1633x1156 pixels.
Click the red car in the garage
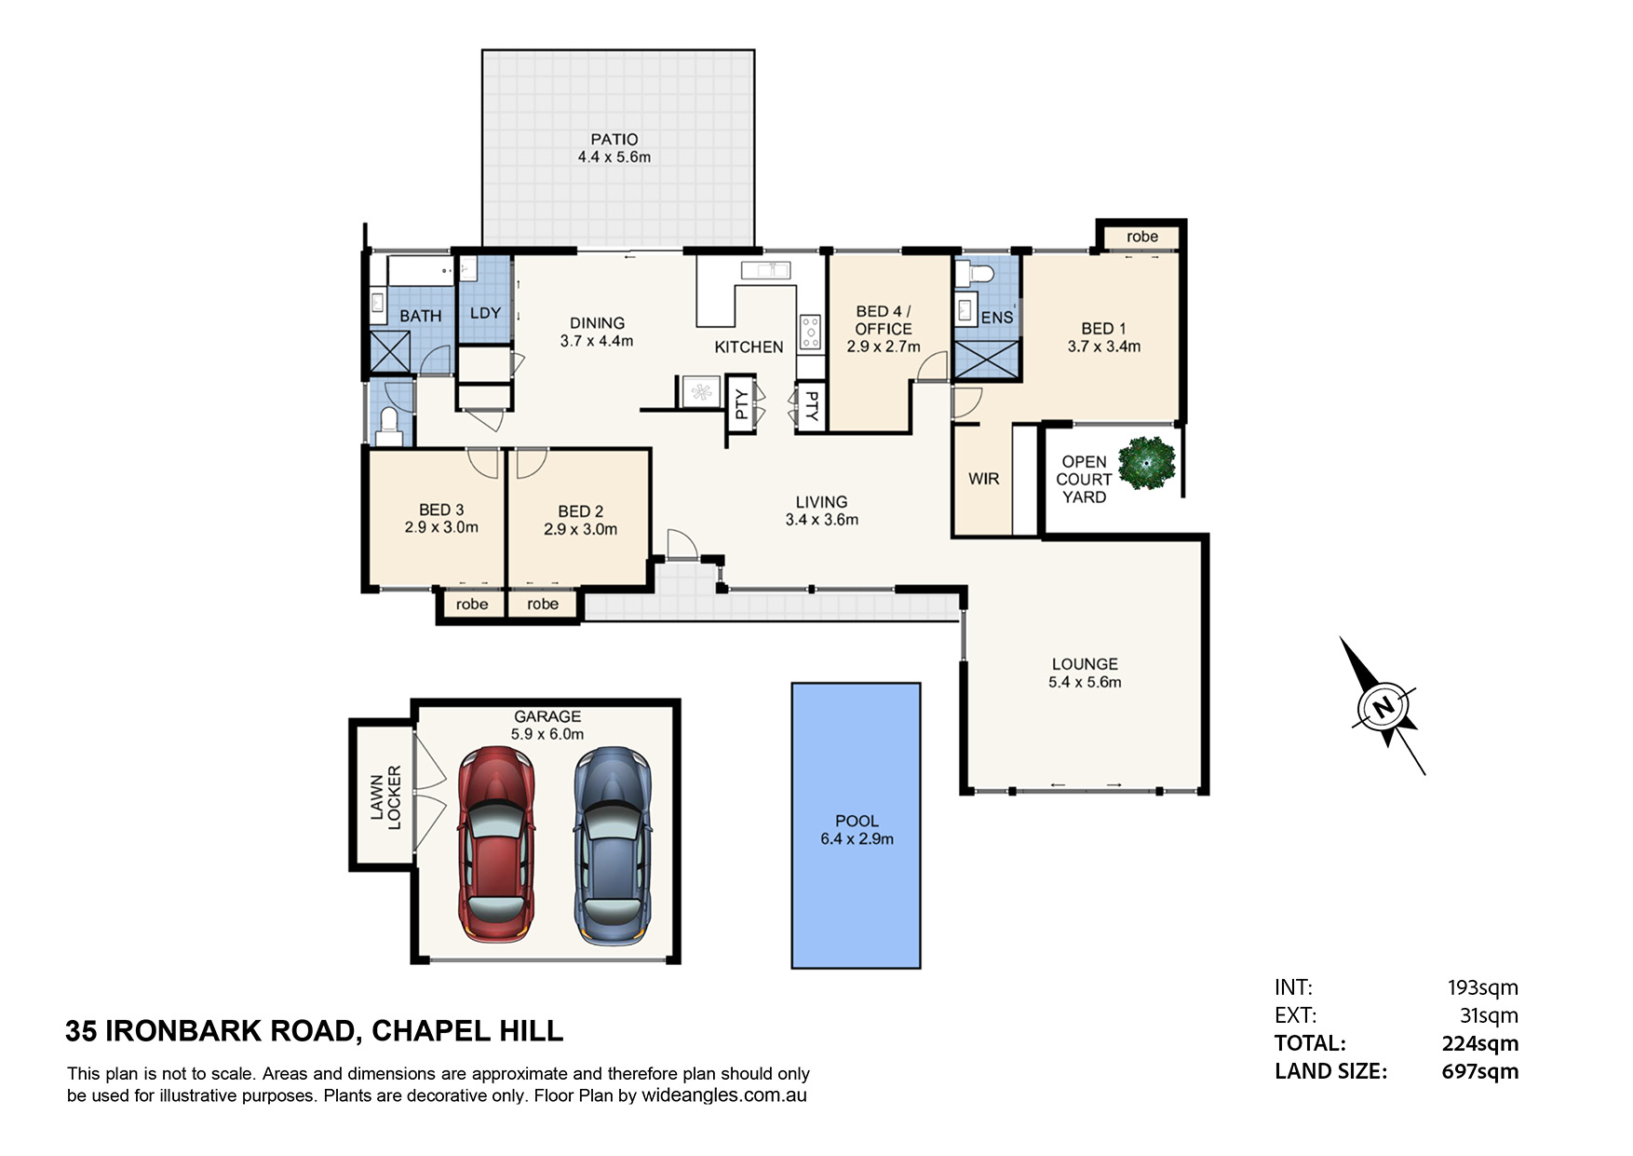pyautogui.click(x=496, y=844)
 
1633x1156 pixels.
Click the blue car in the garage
pyautogui.click(x=611, y=844)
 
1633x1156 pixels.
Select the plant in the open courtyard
pyautogui.click(x=1147, y=464)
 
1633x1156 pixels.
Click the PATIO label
pyautogui.click(x=614, y=140)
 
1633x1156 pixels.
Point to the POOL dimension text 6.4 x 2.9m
pyautogui.click(x=857, y=839)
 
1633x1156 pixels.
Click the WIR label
pyautogui.click(x=983, y=479)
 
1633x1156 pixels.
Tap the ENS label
pyautogui.click(x=997, y=318)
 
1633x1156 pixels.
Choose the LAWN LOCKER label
pyautogui.click(x=385, y=797)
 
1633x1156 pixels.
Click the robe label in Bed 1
pyautogui.click(x=1142, y=237)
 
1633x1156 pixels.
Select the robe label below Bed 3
pyautogui.click(x=472, y=605)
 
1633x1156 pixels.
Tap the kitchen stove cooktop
pyautogui.click(x=810, y=332)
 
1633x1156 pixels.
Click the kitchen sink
pyautogui.click(x=766, y=270)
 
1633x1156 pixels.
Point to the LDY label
pyautogui.click(x=485, y=313)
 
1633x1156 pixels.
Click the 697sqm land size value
pyautogui.click(x=1480, y=1071)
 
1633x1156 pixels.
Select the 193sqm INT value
pyautogui.click(x=1483, y=987)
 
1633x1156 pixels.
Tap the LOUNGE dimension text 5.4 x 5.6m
pyautogui.click(x=1085, y=682)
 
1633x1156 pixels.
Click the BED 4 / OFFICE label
pyautogui.click(x=884, y=320)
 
